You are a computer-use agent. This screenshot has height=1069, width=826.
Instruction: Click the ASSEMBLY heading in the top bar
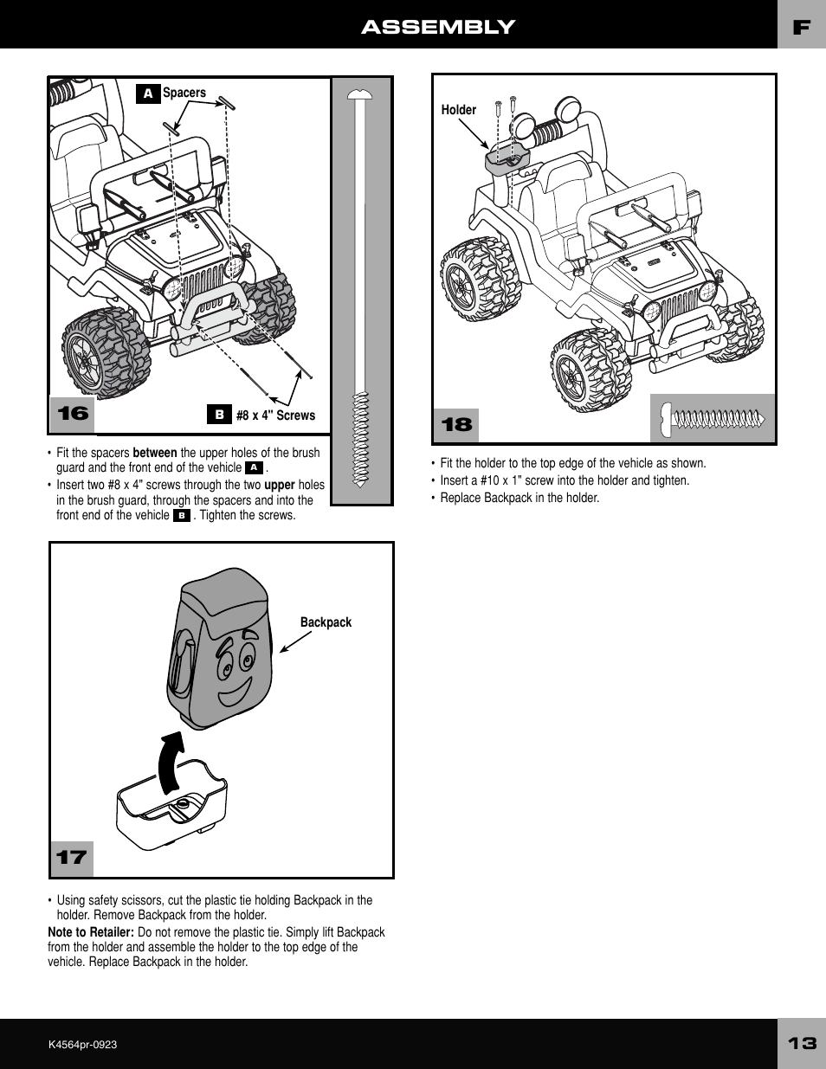(x=438, y=27)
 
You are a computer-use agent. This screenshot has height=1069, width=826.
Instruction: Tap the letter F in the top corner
(x=802, y=28)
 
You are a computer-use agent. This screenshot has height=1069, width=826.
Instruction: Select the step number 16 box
(x=73, y=414)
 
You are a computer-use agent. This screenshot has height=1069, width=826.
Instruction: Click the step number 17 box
(x=72, y=858)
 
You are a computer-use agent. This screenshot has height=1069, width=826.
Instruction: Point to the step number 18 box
(x=456, y=425)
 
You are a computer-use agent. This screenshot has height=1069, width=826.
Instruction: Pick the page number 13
(x=802, y=1043)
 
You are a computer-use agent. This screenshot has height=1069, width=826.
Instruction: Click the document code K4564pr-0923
(x=82, y=1045)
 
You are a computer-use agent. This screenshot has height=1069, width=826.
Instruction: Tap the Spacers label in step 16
(x=184, y=93)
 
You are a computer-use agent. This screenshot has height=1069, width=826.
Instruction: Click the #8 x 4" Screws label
(x=275, y=415)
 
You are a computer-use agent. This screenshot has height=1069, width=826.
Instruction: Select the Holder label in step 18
(x=459, y=110)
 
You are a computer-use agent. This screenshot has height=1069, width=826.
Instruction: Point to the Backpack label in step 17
(x=326, y=622)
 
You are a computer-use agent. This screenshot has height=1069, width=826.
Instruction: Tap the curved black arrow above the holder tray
(x=171, y=762)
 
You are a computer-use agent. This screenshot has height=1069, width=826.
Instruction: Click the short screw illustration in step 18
(x=713, y=419)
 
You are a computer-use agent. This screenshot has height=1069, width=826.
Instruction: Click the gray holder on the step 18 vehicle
(x=506, y=159)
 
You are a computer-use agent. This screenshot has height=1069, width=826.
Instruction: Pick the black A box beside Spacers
(x=148, y=93)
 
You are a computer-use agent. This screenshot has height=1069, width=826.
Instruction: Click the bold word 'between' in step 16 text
(x=155, y=453)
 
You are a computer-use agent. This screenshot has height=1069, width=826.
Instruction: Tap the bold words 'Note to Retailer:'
(x=91, y=932)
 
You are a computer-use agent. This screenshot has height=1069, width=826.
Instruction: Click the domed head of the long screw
(x=360, y=94)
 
